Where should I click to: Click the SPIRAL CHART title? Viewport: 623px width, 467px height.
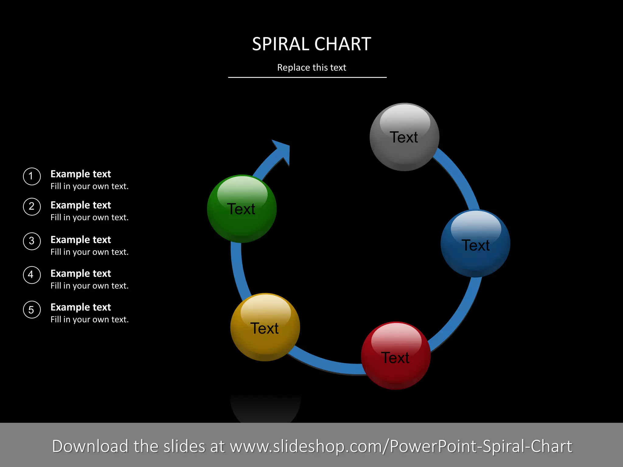[311, 44]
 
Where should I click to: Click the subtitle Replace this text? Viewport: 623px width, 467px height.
[311, 67]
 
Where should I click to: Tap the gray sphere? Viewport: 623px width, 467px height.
[404, 137]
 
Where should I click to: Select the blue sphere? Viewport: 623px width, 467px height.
[475, 244]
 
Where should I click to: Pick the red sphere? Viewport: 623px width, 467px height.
[396, 356]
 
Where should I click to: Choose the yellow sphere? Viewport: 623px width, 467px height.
[265, 327]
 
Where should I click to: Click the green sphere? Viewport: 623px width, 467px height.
[242, 209]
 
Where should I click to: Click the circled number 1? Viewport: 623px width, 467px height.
[32, 176]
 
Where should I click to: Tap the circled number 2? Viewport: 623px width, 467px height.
[32, 207]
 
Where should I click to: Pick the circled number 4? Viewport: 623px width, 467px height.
[32, 275]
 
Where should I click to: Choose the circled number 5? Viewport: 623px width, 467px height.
[32, 310]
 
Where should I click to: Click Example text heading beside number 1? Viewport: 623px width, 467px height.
[81, 174]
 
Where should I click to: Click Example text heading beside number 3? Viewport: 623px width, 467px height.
[81, 240]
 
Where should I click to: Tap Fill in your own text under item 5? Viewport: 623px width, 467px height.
[89, 320]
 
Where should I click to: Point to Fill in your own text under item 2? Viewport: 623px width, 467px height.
[89, 217]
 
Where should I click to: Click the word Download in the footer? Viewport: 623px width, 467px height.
[90, 446]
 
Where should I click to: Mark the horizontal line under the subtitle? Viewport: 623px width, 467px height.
[307, 78]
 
